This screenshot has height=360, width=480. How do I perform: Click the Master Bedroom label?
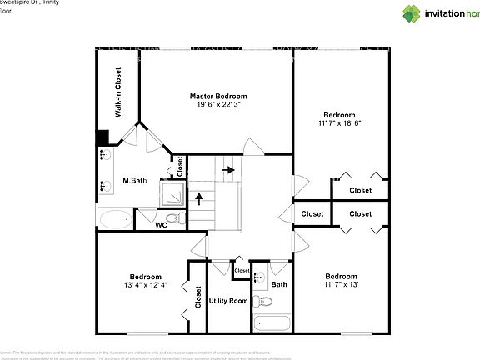[x=217, y=97]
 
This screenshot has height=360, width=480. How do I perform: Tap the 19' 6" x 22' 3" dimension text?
[x=217, y=106]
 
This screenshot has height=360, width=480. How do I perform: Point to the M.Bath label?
[x=135, y=181]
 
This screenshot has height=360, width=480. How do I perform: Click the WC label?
[x=162, y=225]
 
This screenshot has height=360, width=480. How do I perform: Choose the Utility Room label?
[x=227, y=300]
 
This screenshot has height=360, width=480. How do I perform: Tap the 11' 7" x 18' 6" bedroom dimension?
[x=340, y=123]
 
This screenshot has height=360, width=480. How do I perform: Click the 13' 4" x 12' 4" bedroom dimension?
[x=145, y=285]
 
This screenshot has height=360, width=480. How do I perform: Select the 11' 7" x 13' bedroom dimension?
[x=340, y=285]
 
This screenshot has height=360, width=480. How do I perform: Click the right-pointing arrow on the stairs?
[x=227, y=170]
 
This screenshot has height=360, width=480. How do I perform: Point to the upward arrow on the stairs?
[x=198, y=198]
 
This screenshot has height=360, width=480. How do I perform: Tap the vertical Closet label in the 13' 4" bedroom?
[x=198, y=297]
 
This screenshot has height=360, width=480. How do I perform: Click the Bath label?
[x=279, y=283]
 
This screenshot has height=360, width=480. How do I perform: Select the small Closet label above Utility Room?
[x=242, y=271]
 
